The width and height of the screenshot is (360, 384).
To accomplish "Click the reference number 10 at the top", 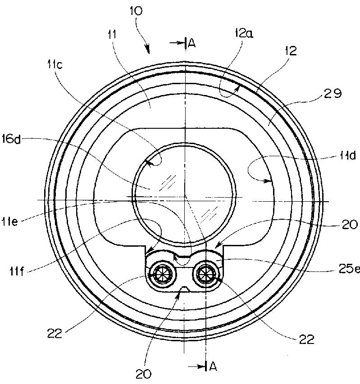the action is click(x=136, y=11).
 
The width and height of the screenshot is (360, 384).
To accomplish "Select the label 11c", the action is click(x=55, y=65).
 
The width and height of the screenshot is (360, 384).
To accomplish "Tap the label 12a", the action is click(x=244, y=33).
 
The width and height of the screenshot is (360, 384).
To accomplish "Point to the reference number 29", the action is click(x=333, y=93).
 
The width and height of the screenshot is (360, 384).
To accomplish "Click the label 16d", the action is click(x=11, y=140).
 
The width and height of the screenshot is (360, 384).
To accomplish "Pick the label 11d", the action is click(x=348, y=155).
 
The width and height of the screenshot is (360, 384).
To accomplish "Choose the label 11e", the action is click(x=10, y=221).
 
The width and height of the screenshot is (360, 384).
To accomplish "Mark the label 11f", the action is click(x=17, y=271).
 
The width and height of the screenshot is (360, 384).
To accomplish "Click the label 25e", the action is click(x=349, y=269).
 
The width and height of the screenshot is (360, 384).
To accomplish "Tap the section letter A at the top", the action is click(x=191, y=43).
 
